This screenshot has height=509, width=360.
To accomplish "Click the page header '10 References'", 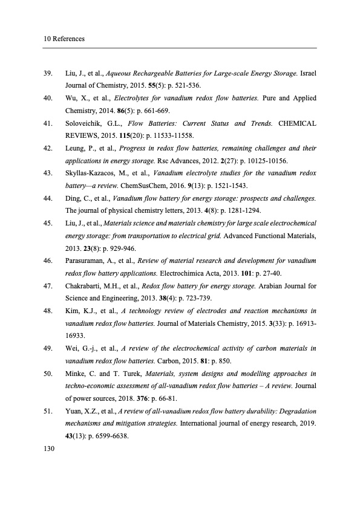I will pyautogui.click(x=64, y=39).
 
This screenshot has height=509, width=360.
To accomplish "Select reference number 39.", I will pyautogui.click(x=49, y=73).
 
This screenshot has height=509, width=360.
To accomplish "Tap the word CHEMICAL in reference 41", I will pyautogui.click(x=297, y=123).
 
